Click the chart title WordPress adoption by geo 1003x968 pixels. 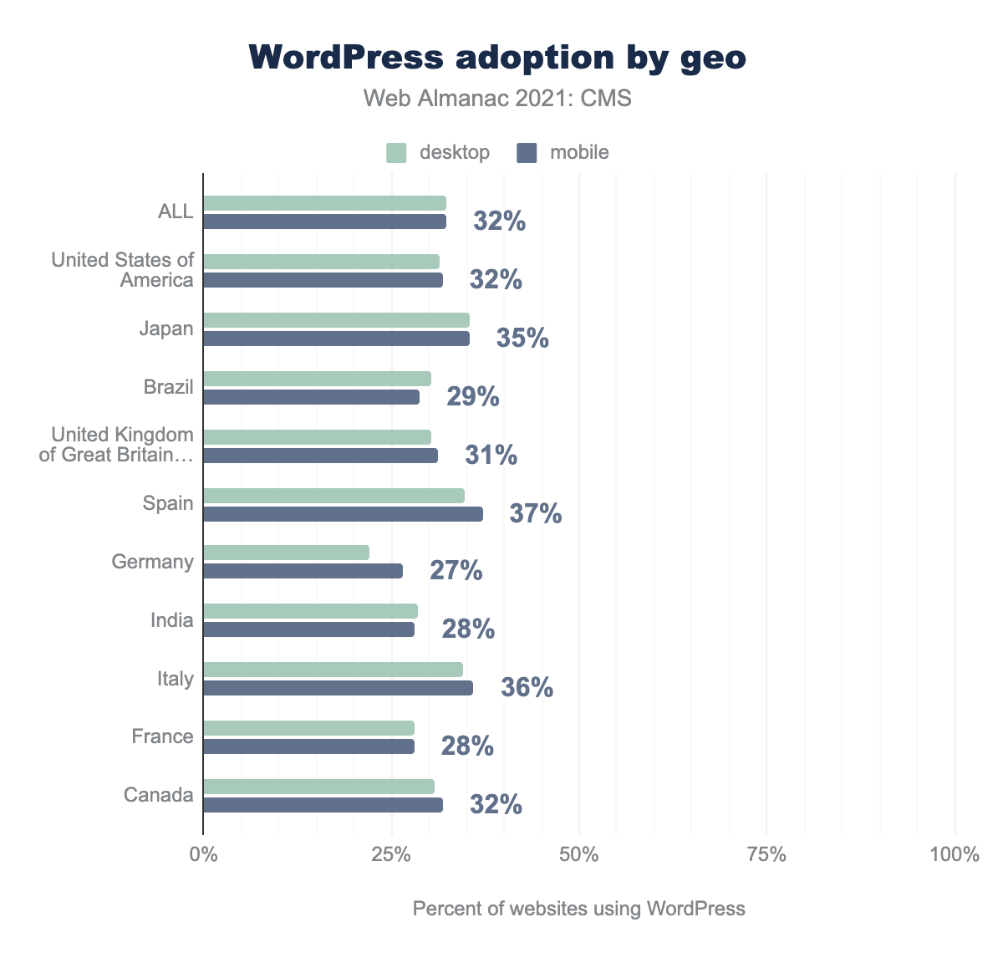tap(497, 58)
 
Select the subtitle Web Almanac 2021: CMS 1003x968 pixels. tap(497, 99)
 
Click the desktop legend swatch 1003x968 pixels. tap(396, 153)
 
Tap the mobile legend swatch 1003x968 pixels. tap(527, 153)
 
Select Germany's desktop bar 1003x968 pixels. tap(286, 553)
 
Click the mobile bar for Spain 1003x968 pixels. tap(343, 514)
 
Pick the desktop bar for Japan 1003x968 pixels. tap(336, 320)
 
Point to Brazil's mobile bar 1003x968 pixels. tap(311, 397)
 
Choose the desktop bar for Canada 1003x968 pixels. tap(318, 787)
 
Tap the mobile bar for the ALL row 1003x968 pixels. tap(324, 222)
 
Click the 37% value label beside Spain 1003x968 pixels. tap(536, 513)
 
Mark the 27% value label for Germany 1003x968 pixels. tap(456, 571)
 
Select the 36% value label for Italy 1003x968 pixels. tap(527, 688)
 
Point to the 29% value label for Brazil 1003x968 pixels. tap(472, 396)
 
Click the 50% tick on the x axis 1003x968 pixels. tap(578, 855)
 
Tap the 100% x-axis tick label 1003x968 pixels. tap(954, 855)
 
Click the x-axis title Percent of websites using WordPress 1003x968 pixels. tap(578, 909)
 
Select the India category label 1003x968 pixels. tap(171, 620)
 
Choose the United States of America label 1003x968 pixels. tap(123, 270)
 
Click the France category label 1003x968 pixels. tap(162, 736)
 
